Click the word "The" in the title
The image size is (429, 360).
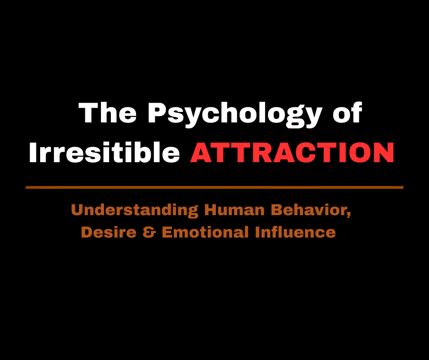[107, 112]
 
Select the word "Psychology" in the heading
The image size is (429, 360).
[235, 115]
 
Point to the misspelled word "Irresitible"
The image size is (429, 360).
[104, 152]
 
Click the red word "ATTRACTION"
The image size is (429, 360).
[292, 152]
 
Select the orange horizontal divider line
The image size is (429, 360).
[214, 187]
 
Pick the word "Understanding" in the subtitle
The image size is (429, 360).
[135, 211]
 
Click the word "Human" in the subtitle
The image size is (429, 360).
[234, 210]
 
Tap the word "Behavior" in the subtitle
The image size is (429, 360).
[309, 210]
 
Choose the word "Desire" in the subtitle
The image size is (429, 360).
[109, 233]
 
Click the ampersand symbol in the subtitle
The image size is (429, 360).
[149, 233]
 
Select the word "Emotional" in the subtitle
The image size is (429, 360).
[205, 232]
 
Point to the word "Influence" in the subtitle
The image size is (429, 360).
[295, 232]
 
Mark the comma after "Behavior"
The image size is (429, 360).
[349, 215]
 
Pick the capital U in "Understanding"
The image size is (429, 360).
[77, 210]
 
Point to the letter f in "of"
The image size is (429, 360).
[357, 112]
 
